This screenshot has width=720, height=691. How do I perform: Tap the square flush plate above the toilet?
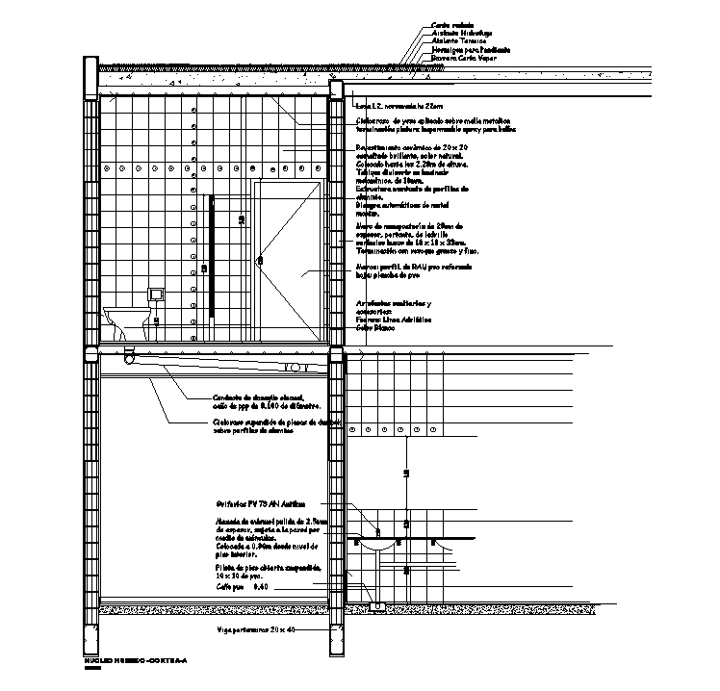tap(154, 293)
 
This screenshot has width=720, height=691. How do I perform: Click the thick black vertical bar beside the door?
tap(211, 244)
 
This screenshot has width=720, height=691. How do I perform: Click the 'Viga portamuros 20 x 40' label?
tap(256, 629)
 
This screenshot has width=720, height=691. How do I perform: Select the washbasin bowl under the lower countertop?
tap(376, 546)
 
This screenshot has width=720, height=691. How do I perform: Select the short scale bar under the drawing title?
tap(92, 668)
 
